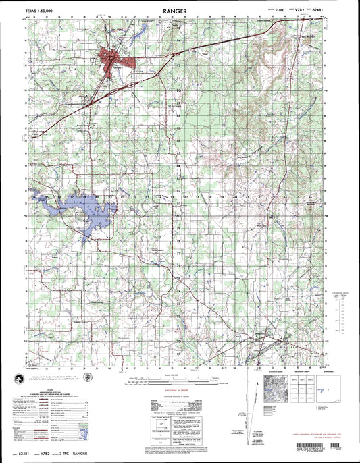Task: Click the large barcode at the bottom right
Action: [320, 449]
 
